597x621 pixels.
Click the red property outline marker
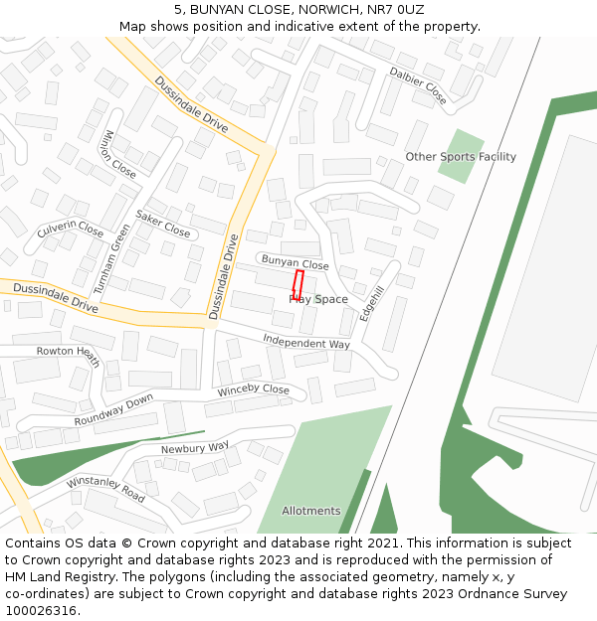298,285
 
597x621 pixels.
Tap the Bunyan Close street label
295,263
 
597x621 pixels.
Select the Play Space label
318,299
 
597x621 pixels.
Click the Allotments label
310,511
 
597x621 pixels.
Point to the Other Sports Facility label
461,157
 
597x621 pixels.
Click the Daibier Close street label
418,86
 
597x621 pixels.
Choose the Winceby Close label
253,389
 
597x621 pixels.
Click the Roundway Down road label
113,410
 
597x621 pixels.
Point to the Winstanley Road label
105,488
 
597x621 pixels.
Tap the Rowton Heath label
69,356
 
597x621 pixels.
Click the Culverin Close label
70,231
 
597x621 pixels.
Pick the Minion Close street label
119,154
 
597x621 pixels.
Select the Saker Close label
162,225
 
